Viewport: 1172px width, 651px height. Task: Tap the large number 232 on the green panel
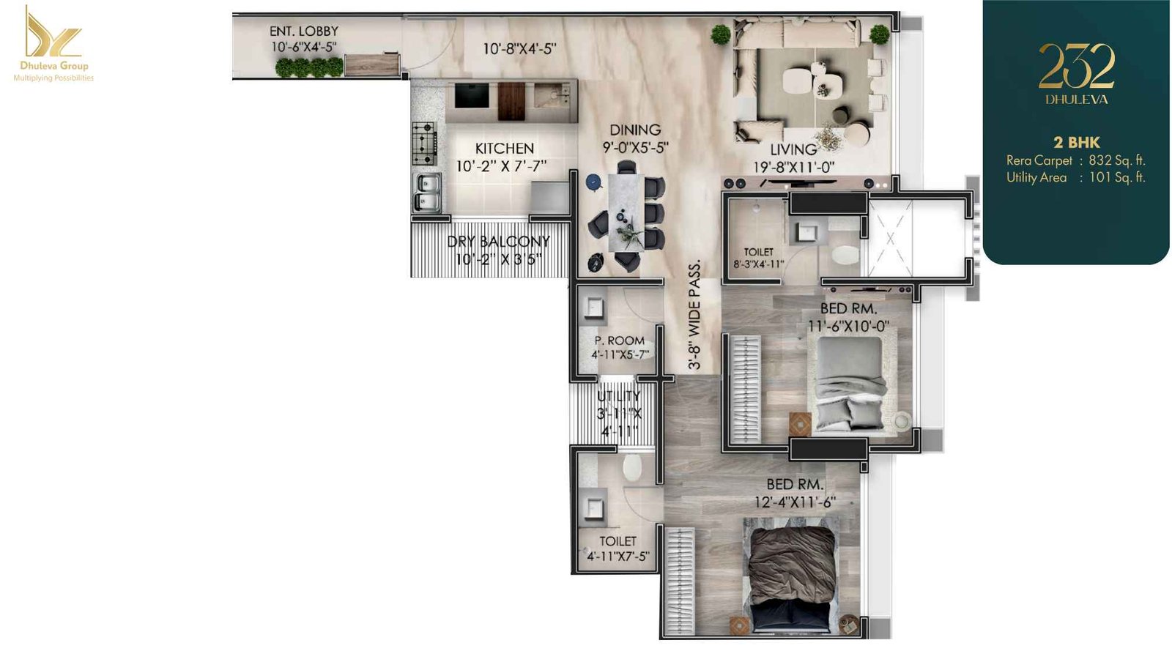(x=1076, y=67)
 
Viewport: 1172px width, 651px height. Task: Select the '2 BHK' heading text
(x=1076, y=142)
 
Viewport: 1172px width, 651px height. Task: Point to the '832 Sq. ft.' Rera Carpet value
(x=1116, y=160)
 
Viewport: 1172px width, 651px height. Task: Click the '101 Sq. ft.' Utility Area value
(x=1116, y=177)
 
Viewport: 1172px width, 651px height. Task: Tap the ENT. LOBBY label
(x=303, y=31)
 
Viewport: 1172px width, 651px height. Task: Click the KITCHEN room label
(x=504, y=149)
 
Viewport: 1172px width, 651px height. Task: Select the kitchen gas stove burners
(x=424, y=143)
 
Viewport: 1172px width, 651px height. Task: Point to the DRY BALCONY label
(x=498, y=241)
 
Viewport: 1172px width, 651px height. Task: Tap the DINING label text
(x=635, y=130)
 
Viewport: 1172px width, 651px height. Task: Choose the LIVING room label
(x=793, y=150)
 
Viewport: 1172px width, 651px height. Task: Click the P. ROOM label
(x=620, y=341)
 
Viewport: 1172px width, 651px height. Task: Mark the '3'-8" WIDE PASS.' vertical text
(x=694, y=314)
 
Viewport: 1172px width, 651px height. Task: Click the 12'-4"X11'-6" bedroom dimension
(x=795, y=502)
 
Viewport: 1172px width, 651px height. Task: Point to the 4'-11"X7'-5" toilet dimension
(x=617, y=557)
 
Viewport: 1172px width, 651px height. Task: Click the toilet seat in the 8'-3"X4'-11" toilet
(x=845, y=255)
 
